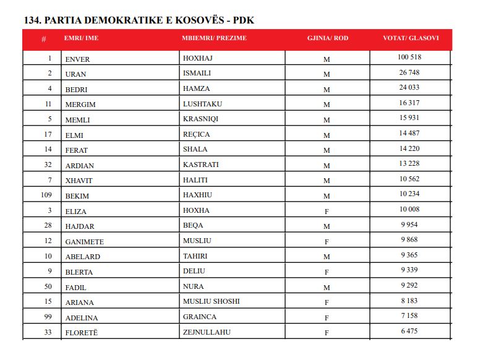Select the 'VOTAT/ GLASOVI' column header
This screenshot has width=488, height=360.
[411, 38]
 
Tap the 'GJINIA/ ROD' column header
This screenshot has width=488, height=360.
[328, 38]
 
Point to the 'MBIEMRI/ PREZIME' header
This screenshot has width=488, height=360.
[214, 38]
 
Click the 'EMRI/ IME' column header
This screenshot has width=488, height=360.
[81, 38]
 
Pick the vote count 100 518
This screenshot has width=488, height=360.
[409, 58]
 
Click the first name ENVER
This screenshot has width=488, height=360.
[77, 59]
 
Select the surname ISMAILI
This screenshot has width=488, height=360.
[197, 74]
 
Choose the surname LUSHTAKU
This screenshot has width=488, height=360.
[202, 104]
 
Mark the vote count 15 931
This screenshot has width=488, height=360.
[409, 118]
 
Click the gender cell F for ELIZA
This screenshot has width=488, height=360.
[327, 212]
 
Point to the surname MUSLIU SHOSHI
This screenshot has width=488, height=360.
[211, 302]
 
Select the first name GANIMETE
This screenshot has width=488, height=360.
[85, 242]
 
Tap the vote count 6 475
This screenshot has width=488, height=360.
[409, 331]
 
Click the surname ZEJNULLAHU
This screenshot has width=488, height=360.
[207, 332]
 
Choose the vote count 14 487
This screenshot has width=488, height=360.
[409, 134]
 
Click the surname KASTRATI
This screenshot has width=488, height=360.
[201, 165]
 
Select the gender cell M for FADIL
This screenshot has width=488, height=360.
[327, 288]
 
